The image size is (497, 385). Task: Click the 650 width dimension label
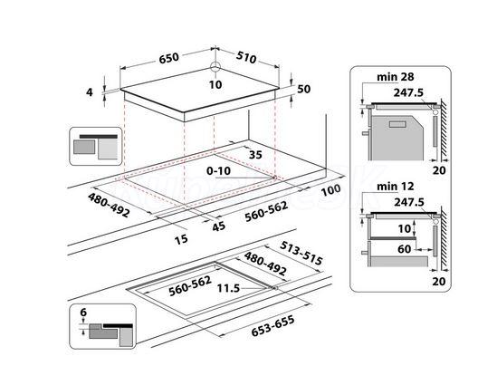point(169,58)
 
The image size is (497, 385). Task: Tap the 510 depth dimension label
point(246,57)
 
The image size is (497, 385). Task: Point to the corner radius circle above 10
point(215,67)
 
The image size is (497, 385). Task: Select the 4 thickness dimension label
point(90,92)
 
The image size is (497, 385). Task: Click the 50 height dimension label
point(303,89)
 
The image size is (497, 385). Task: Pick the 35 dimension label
point(255,154)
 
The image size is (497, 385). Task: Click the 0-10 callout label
point(218,171)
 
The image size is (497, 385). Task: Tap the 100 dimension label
point(331,190)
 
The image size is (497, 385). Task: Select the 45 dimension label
point(219,226)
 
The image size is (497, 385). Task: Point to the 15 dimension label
point(181,239)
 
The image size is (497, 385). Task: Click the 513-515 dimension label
point(301,253)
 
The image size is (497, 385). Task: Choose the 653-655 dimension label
point(272,326)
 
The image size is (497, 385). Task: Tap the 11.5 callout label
point(228,288)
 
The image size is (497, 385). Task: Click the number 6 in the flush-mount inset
point(83,313)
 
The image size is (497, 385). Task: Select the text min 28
point(396,77)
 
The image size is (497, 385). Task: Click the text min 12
point(396,186)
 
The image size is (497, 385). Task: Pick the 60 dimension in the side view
point(404,249)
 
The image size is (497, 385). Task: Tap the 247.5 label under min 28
point(408,92)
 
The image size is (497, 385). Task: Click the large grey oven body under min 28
point(397,138)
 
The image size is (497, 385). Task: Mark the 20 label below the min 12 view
point(439,282)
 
